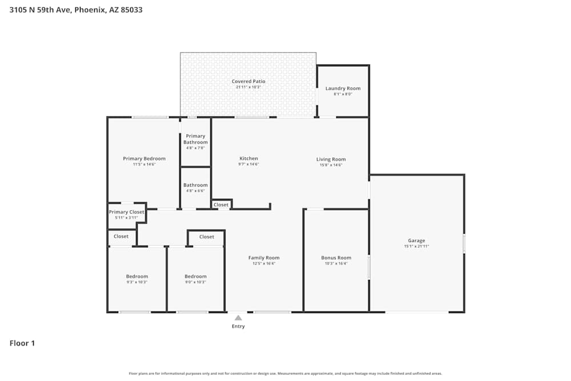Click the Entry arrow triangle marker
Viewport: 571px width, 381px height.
(238, 318)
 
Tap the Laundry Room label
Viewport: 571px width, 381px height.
(343, 89)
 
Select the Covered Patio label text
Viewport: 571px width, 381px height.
(248, 82)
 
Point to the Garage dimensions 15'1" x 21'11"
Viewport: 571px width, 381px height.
(416, 246)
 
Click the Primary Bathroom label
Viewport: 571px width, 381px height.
(195, 139)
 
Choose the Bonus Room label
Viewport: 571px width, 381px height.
(336, 258)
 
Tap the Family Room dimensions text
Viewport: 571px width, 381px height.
(264, 263)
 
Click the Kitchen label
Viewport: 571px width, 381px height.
(248, 158)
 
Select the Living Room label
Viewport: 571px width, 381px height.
(331, 159)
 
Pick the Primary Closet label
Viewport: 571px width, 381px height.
(127, 212)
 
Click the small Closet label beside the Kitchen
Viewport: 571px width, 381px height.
(221, 204)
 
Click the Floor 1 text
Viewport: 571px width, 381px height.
(22, 343)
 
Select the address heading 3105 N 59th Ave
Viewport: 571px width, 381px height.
(76, 10)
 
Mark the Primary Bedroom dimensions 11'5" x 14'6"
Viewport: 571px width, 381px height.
(144, 164)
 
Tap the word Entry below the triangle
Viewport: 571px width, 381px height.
(238, 327)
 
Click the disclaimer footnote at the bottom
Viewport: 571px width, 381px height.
(285, 373)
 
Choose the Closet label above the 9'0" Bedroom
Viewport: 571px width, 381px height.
(207, 236)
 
